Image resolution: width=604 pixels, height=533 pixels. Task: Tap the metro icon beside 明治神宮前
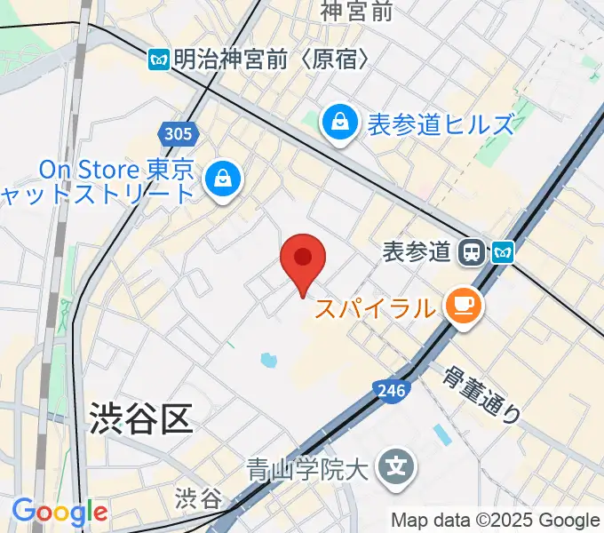click(159, 60)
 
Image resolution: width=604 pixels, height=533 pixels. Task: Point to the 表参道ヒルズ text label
click(441, 123)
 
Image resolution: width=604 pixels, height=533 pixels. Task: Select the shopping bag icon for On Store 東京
click(221, 179)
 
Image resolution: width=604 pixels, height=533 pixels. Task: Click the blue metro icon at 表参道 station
click(503, 252)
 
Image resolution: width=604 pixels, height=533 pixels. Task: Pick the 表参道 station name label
click(416, 252)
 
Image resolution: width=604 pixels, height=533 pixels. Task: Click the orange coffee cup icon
click(463, 307)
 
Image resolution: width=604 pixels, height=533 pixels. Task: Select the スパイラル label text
click(376, 309)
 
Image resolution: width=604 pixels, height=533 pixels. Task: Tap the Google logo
click(59, 513)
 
